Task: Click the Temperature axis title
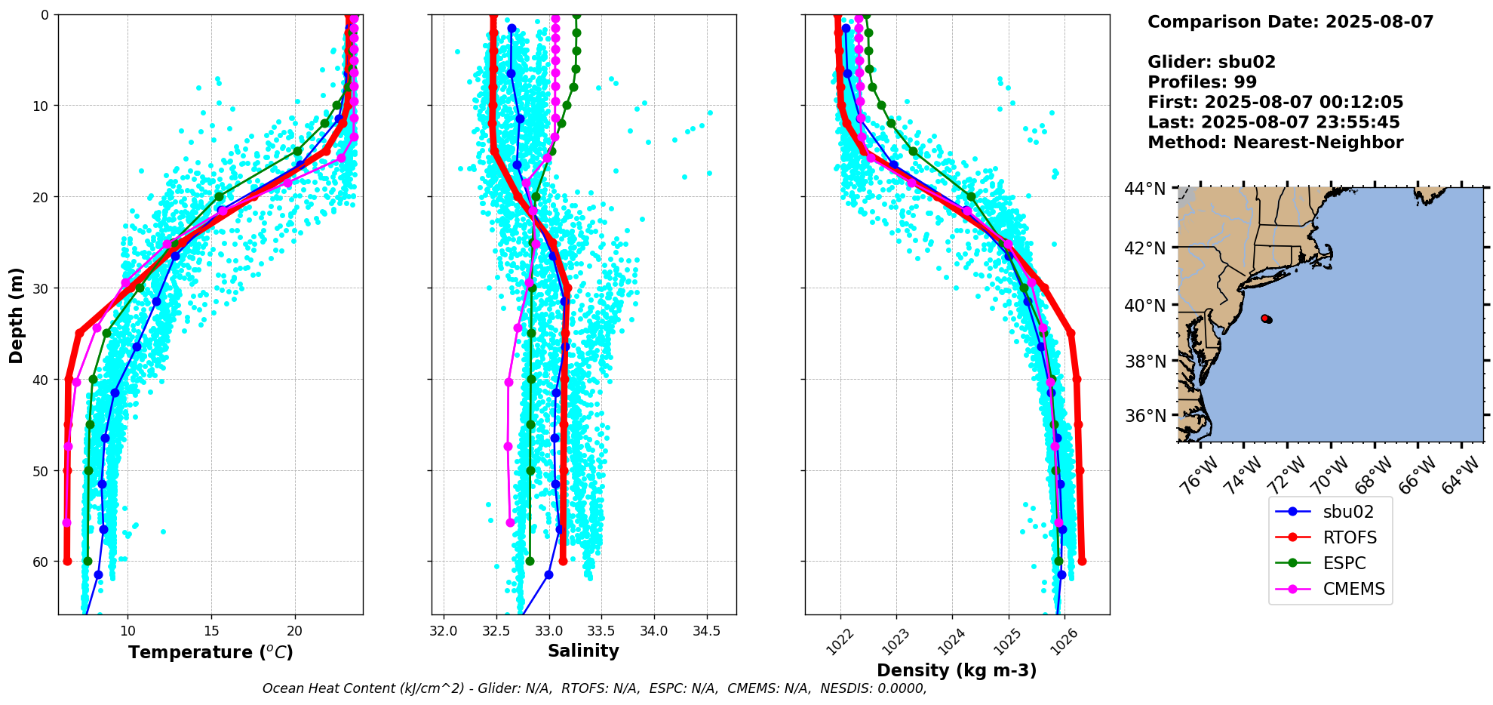(x=210, y=652)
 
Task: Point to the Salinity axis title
(x=583, y=651)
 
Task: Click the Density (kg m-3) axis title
(x=957, y=670)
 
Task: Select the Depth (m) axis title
(x=17, y=315)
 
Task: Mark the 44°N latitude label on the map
(x=1145, y=189)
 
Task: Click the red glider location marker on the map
(x=1266, y=319)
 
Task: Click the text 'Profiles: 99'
(x=1202, y=82)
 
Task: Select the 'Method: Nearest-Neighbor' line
(x=1275, y=143)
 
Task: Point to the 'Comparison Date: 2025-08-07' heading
(x=1290, y=22)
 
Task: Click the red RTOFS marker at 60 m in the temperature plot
(x=67, y=561)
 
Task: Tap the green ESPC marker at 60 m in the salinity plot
(x=530, y=561)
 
